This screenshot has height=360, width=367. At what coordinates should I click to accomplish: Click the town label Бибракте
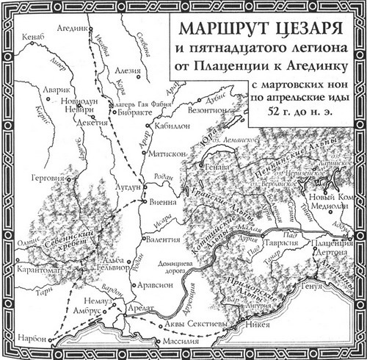pyautogui.click(x=134, y=115)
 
